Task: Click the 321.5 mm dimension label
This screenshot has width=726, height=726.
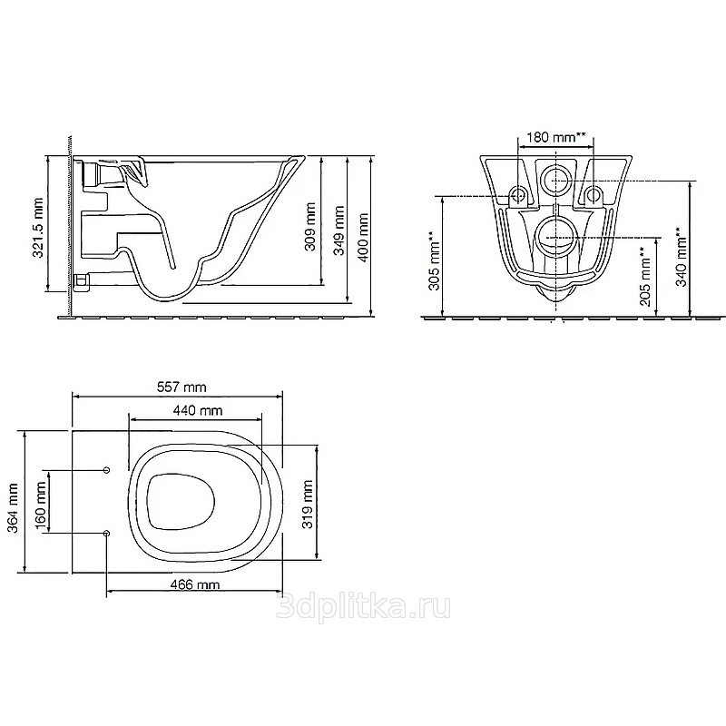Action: [38, 228]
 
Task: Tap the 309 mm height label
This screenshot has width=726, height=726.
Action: [309, 226]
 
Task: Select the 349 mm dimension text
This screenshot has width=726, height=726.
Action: [339, 231]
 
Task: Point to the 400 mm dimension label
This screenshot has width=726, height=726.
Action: [363, 238]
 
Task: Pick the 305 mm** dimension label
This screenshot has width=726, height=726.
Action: [435, 260]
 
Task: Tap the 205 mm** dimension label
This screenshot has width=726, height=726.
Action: [645, 277]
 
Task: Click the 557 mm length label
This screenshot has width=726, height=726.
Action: [181, 387]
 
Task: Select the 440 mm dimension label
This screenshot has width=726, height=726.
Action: [198, 410]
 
